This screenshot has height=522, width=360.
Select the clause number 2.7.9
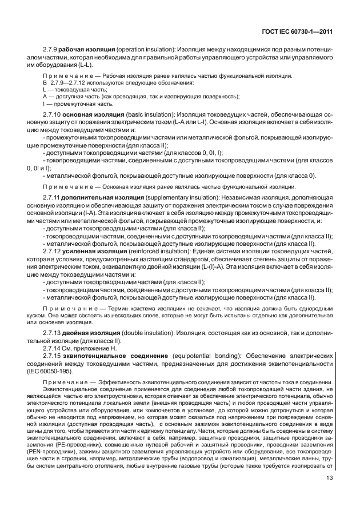pyautogui.click(x=51, y=50)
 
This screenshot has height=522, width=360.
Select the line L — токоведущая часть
pyautogui.click(x=66, y=89)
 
